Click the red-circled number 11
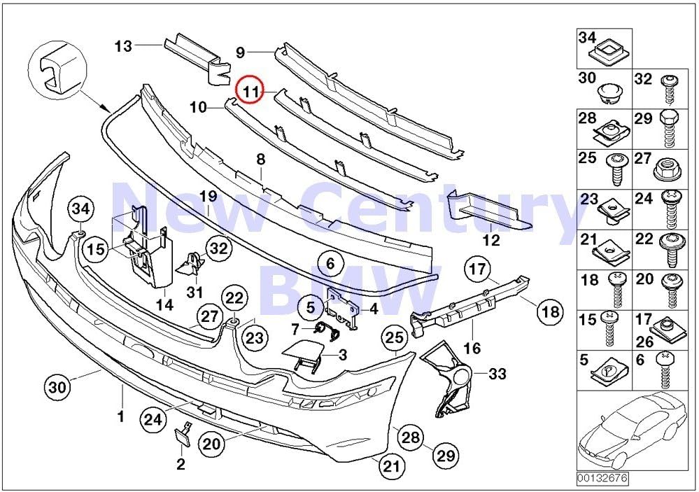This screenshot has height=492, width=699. (250, 91)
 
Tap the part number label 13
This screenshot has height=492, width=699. (123, 46)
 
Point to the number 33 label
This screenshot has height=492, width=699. (497, 374)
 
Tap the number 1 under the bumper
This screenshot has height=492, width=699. (120, 416)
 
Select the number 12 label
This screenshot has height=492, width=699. (491, 240)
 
